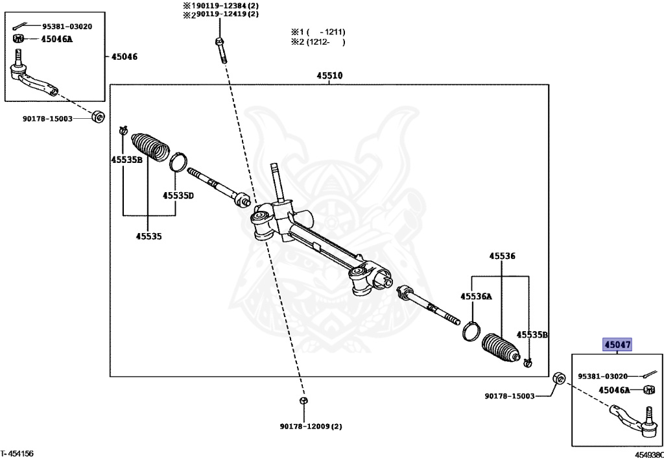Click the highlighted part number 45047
coord(617,345)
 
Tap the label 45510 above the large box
coord(329,76)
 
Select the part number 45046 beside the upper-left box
coord(124,56)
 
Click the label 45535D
coord(178,195)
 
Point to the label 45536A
coord(477,296)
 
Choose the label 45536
coord(503,256)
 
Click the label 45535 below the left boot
coord(148,236)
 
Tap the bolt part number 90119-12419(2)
coord(224,15)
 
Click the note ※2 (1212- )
coord(318,42)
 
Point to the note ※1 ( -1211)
coord(318,32)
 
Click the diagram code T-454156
coord(17,454)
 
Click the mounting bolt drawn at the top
coord(220,50)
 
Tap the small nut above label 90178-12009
coord(303,401)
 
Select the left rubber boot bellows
coord(150,148)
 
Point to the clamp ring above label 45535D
coord(178,162)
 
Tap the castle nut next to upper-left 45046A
coord(18,39)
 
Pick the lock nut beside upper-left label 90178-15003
coord(99,116)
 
